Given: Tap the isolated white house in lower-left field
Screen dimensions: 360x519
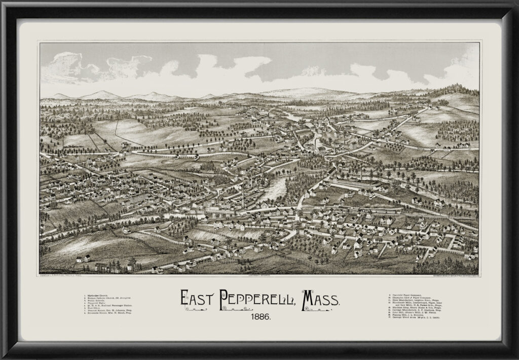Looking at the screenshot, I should click(x=82, y=259).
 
